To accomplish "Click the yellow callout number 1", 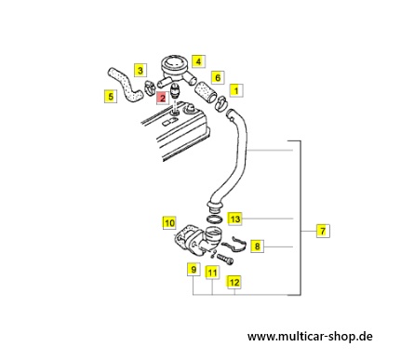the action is (236, 90).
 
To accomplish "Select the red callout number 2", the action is (162, 98).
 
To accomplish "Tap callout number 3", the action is (140, 71).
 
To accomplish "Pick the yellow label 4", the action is (198, 61).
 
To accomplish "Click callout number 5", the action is (111, 97).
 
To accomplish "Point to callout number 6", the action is (218, 77).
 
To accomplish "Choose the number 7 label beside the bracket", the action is (323, 231).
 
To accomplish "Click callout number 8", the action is (257, 247).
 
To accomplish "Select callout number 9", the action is (194, 269).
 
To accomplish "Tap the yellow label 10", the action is (169, 222).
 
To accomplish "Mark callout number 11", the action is (212, 273).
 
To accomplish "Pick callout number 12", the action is (234, 282).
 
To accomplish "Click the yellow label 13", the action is (235, 219).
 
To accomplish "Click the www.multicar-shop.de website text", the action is (310, 336).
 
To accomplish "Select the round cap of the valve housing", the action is (174, 63).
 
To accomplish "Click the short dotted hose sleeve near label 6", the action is (206, 91).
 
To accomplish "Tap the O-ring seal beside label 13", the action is (214, 219).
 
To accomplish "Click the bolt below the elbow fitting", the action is (225, 260).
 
